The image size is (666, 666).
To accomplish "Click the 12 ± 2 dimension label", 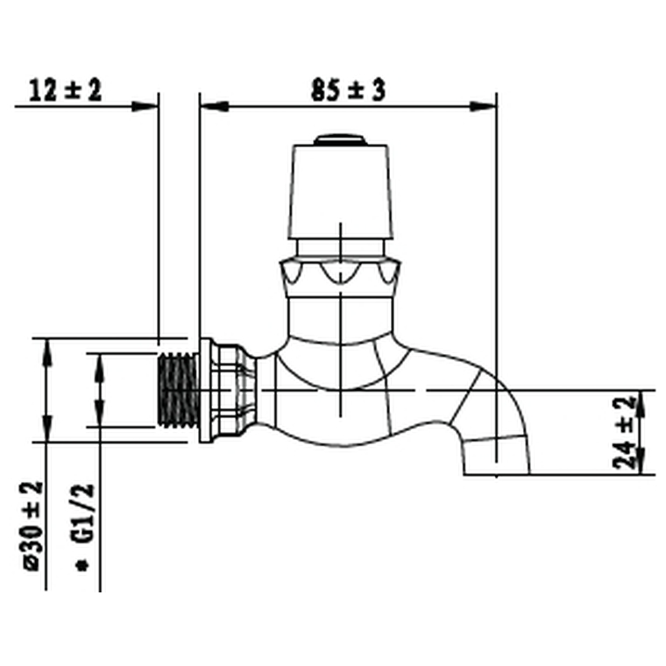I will (x=66, y=89).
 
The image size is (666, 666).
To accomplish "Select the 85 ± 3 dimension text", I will (x=348, y=89).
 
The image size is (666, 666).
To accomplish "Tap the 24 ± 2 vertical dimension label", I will (x=623, y=433).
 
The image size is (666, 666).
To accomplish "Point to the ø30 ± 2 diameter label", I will (x=33, y=526).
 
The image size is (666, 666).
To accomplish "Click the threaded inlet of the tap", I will (x=178, y=391).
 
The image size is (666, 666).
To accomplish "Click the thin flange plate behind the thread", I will (x=205, y=391).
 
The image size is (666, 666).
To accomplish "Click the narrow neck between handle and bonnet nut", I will (x=339, y=248).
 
